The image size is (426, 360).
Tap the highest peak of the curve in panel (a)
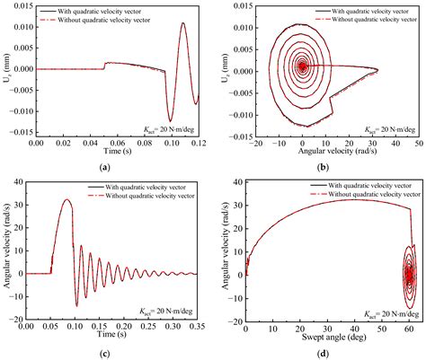pyautogui.click(x=183, y=24)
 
